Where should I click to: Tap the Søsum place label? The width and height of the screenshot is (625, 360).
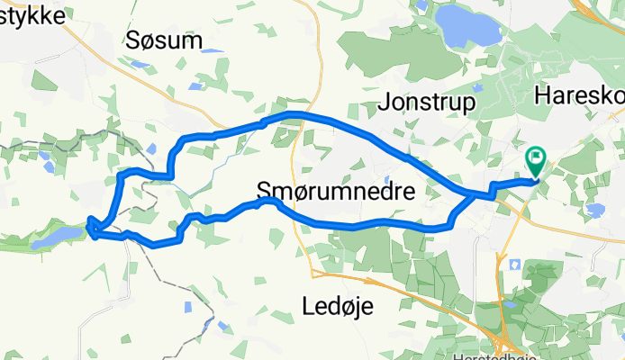[164, 40]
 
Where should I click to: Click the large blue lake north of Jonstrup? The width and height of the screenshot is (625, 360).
[466, 28]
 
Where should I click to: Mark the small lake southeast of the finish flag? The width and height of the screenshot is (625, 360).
[593, 210]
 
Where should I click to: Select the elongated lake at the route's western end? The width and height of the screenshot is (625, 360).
[56, 237]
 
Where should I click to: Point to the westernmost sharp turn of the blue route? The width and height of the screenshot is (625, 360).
[90, 227]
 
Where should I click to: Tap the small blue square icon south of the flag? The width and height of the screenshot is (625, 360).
[514, 265]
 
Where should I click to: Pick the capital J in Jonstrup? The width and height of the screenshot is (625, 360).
[390, 103]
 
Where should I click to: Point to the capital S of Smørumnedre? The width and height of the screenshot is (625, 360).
[264, 191]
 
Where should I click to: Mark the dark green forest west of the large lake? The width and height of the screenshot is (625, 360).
[396, 45]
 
